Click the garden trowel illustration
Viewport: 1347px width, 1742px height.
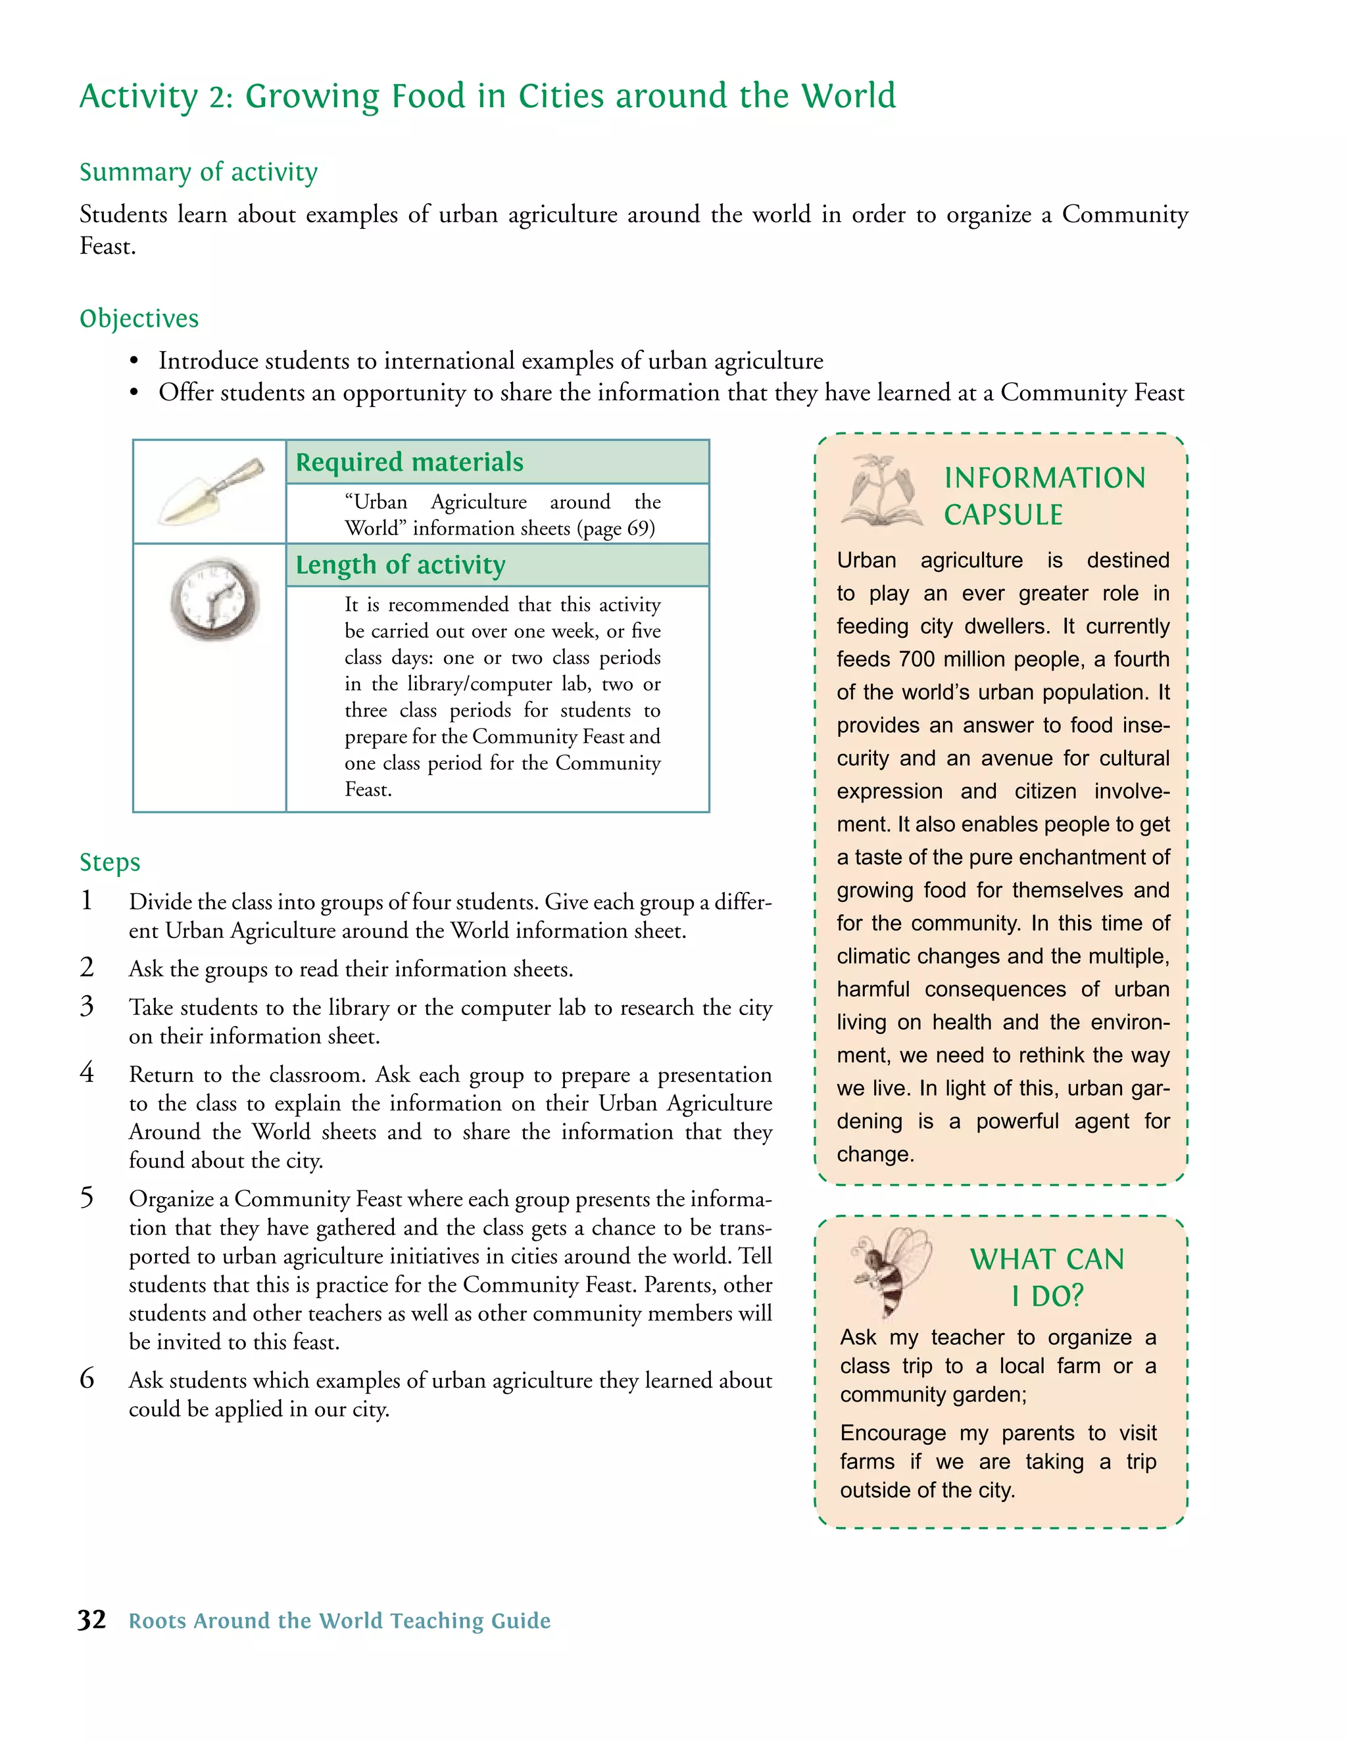click(x=212, y=490)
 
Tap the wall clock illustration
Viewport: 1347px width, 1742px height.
click(x=214, y=598)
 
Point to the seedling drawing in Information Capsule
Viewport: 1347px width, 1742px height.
click(x=882, y=490)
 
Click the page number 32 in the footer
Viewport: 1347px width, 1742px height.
click(x=92, y=1620)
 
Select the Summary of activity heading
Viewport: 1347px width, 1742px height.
click(x=198, y=172)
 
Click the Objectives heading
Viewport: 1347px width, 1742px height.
click(x=139, y=318)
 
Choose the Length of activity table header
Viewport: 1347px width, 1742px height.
click(x=401, y=565)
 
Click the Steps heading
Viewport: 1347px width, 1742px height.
click(x=109, y=862)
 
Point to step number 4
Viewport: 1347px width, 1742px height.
click(x=87, y=1073)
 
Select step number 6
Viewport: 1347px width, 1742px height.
click(x=87, y=1379)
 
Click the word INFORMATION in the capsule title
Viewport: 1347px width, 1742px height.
click(x=1044, y=478)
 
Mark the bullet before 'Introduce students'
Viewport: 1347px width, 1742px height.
click(x=134, y=362)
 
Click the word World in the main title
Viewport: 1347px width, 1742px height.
click(x=848, y=96)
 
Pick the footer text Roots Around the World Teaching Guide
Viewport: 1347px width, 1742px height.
click(x=340, y=1621)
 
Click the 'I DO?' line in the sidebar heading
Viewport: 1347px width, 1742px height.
click(x=1047, y=1296)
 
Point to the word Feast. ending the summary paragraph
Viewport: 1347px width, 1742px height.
click(x=108, y=247)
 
